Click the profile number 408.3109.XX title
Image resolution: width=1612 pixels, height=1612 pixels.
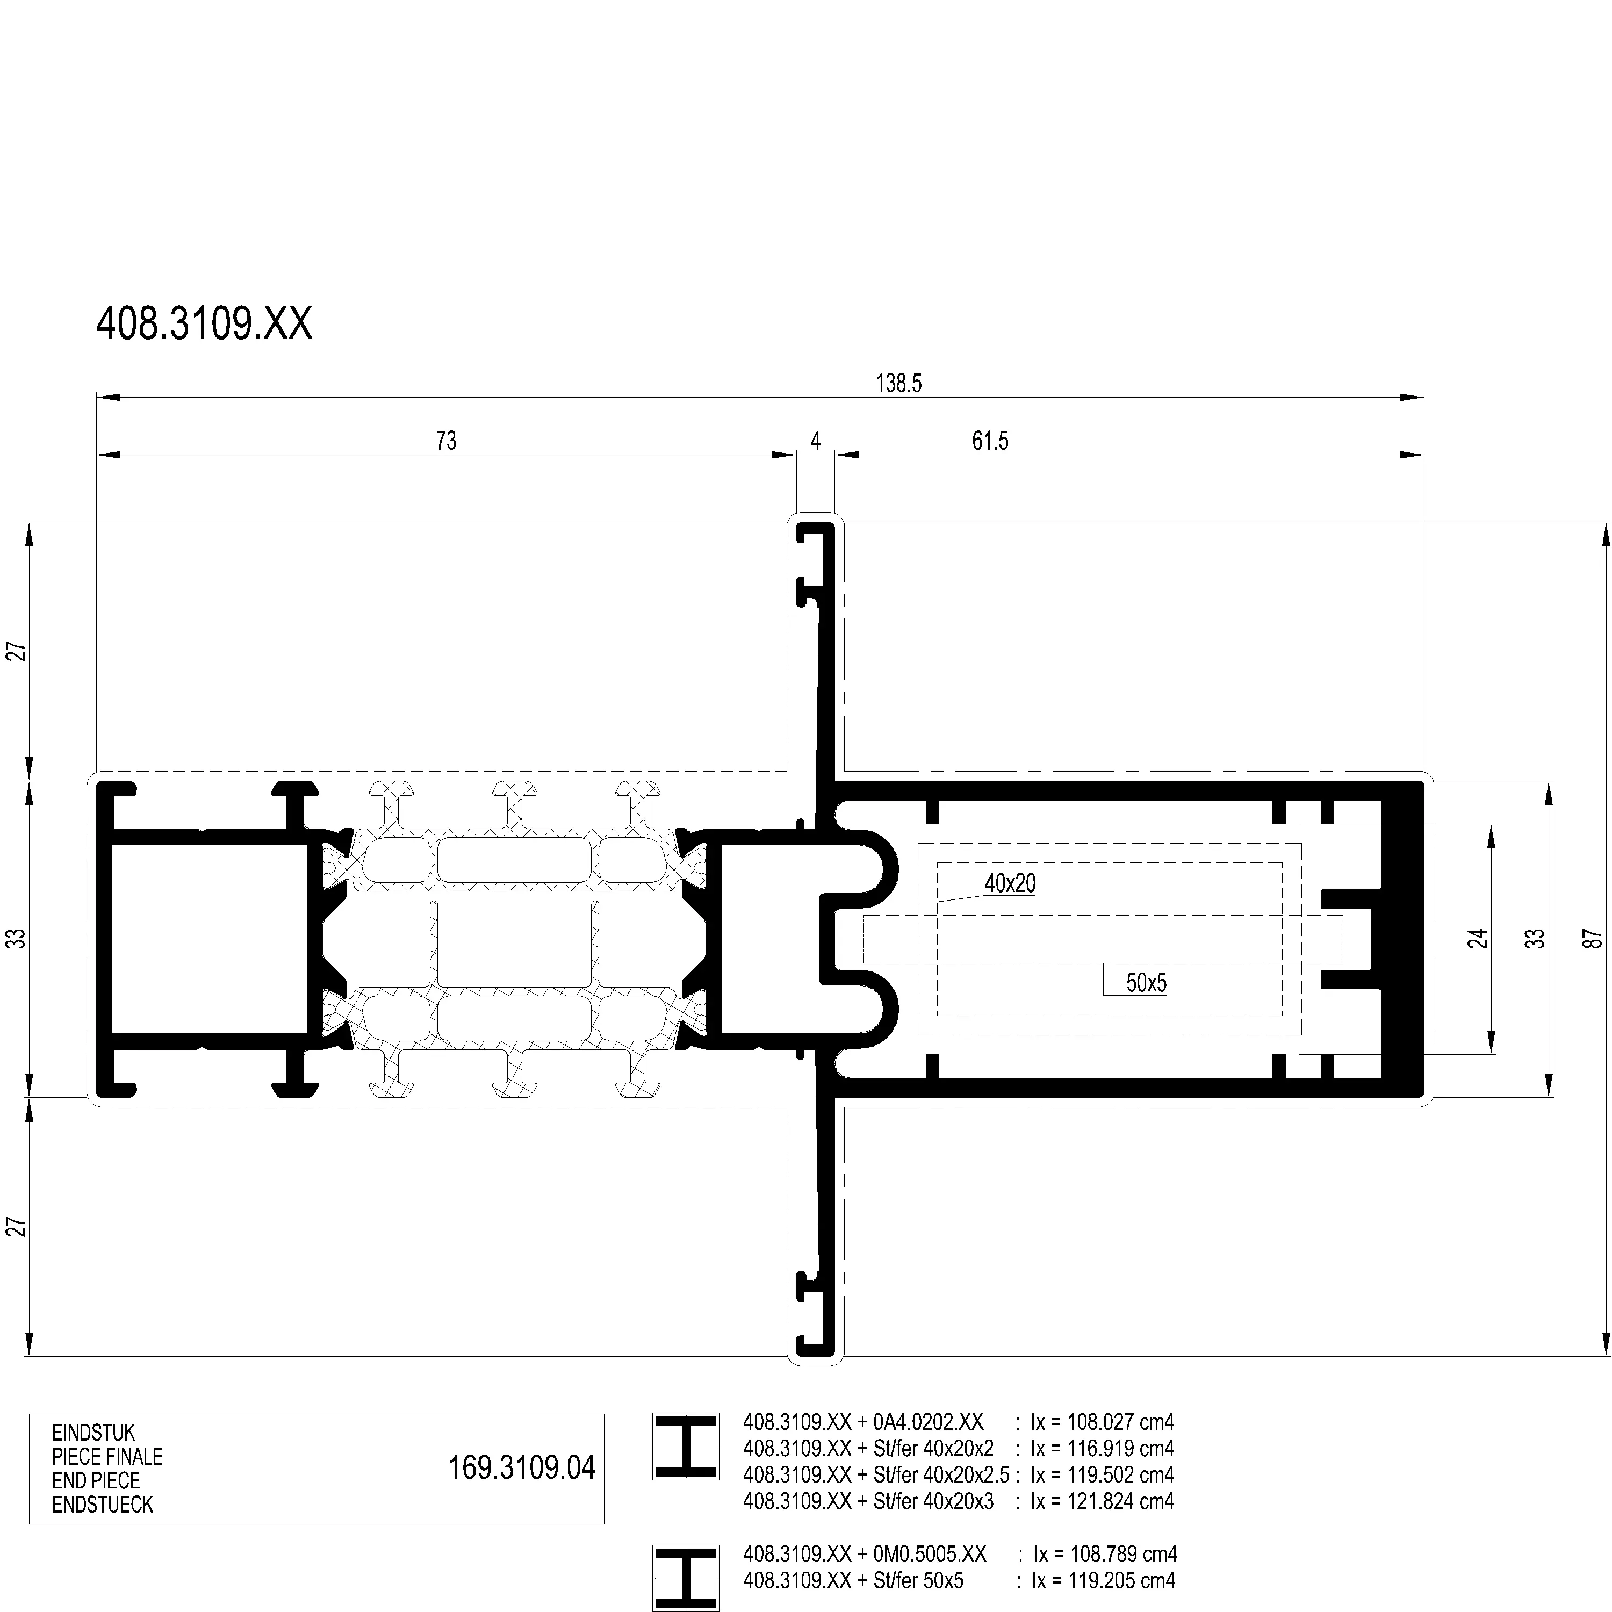[204, 323]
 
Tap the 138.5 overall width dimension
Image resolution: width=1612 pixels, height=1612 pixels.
[898, 384]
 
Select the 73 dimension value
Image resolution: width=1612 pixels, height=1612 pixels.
[447, 441]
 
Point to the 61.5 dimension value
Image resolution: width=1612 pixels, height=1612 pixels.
[990, 441]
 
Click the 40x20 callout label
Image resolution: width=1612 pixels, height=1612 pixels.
[1010, 883]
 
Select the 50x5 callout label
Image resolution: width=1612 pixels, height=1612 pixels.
[1147, 983]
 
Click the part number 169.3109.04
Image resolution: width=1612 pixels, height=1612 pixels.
[522, 1467]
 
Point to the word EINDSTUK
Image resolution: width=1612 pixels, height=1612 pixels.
[93, 1433]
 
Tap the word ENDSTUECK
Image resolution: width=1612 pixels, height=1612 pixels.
[103, 1505]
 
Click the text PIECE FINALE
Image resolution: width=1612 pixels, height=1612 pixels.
[107, 1457]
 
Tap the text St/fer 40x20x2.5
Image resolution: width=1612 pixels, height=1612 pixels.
[941, 1474]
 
